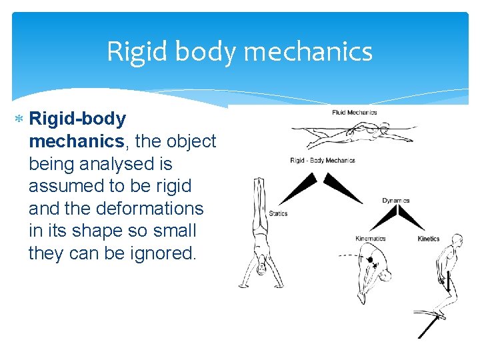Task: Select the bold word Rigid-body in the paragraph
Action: click(x=78, y=119)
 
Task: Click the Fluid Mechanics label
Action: click(x=354, y=112)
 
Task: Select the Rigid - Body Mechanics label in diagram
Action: click(x=323, y=160)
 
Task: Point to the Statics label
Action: click(x=278, y=213)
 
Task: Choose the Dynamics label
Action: click(x=395, y=200)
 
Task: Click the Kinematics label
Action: click(x=370, y=238)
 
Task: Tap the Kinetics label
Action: click(x=428, y=238)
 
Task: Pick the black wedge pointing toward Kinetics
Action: click(x=412, y=219)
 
